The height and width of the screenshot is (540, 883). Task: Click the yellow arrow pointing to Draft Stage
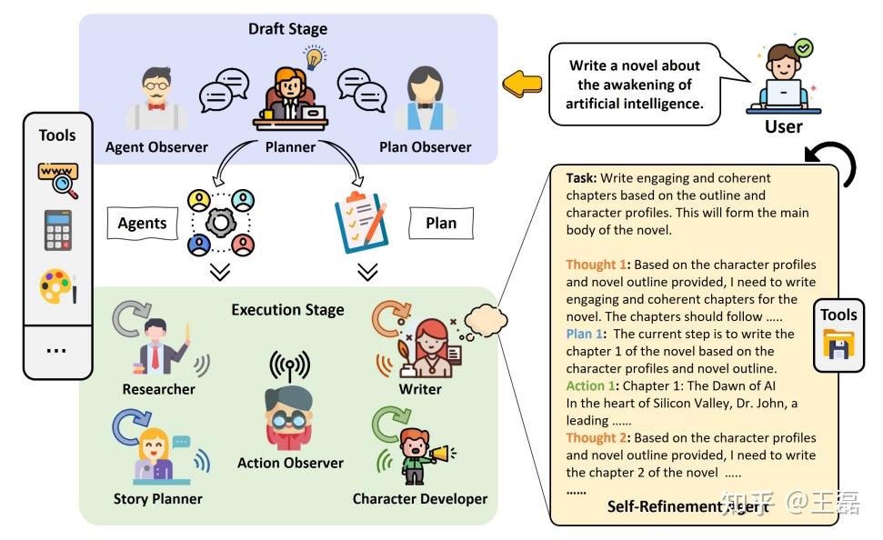pyautogui.click(x=522, y=85)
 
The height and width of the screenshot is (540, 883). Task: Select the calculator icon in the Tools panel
pyautogui.click(x=57, y=230)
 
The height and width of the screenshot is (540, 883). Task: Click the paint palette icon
pyautogui.click(x=58, y=286)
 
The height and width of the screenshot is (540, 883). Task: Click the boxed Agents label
pyautogui.click(x=143, y=223)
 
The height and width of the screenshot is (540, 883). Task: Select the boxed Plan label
pyautogui.click(x=441, y=223)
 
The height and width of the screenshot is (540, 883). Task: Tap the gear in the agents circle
pyautogui.click(x=221, y=223)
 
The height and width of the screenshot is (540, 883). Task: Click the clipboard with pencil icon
pyautogui.click(x=361, y=221)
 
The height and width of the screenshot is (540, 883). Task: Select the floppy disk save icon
pyautogui.click(x=838, y=345)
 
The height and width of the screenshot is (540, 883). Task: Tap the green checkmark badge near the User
pyautogui.click(x=804, y=48)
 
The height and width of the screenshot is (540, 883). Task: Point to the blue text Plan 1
pyautogui.click(x=585, y=334)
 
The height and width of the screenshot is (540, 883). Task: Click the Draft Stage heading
pyautogui.click(x=287, y=29)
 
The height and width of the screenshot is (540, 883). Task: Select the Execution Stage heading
pyautogui.click(x=287, y=310)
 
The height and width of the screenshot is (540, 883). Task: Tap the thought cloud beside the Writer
pyautogui.click(x=486, y=322)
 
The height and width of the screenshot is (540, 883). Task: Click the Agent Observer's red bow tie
pyautogui.click(x=156, y=105)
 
